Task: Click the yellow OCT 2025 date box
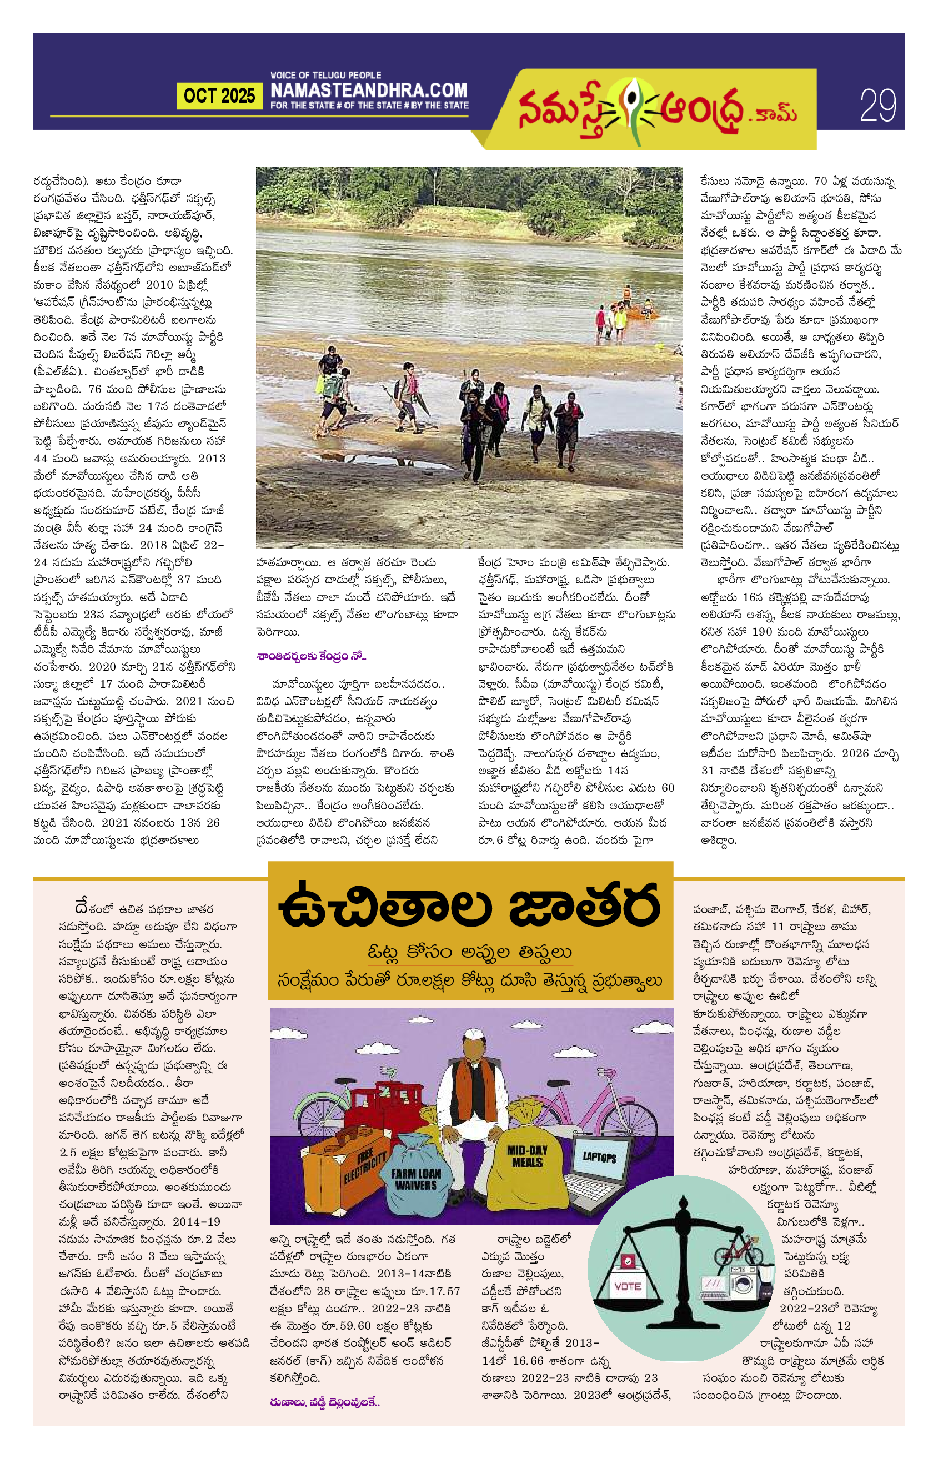pyautogui.click(x=219, y=95)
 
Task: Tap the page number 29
pyautogui.click(x=877, y=105)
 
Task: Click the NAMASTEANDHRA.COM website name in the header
pyautogui.click(x=369, y=90)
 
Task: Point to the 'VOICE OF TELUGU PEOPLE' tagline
pyautogui.click(x=325, y=75)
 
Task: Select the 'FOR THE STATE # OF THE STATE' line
pyautogui.click(x=370, y=105)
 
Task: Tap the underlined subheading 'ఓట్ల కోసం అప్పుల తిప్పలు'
pyautogui.click(x=470, y=952)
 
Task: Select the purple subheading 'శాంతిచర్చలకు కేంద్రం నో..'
pyautogui.click(x=310, y=656)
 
